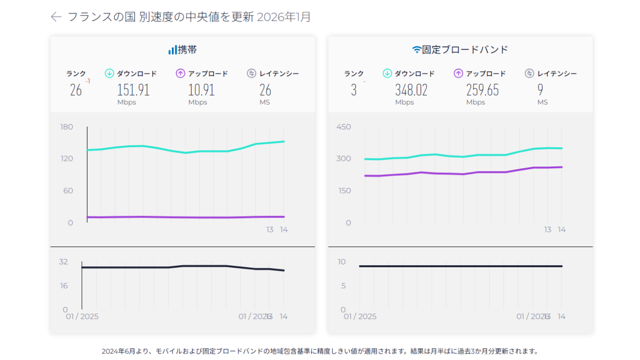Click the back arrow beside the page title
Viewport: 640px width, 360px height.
coord(56,17)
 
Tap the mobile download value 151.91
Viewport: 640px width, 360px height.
coord(133,90)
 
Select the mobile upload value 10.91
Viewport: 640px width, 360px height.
coord(201,90)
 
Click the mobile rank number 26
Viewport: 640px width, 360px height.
coord(76,90)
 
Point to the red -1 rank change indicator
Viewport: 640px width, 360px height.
coord(88,81)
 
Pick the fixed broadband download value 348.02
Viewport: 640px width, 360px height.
coord(411,90)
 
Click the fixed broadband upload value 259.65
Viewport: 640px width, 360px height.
coord(482,90)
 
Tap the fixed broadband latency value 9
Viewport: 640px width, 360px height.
coord(540,90)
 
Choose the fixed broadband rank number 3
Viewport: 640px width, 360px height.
coord(354,90)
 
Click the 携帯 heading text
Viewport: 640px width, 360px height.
coord(187,50)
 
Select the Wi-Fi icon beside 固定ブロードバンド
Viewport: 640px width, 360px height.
coord(416,50)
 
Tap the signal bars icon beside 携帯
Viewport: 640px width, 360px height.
coord(172,50)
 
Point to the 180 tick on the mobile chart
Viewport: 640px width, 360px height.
coord(67,127)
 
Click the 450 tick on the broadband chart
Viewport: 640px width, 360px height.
coord(343,127)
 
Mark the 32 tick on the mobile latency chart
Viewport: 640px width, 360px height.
coord(63,262)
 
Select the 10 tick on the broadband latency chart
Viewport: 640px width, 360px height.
coord(342,262)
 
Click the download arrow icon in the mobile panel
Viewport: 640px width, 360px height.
coord(109,73)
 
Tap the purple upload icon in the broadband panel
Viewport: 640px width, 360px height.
coord(459,73)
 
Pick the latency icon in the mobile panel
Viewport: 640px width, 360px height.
coord(252,73)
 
